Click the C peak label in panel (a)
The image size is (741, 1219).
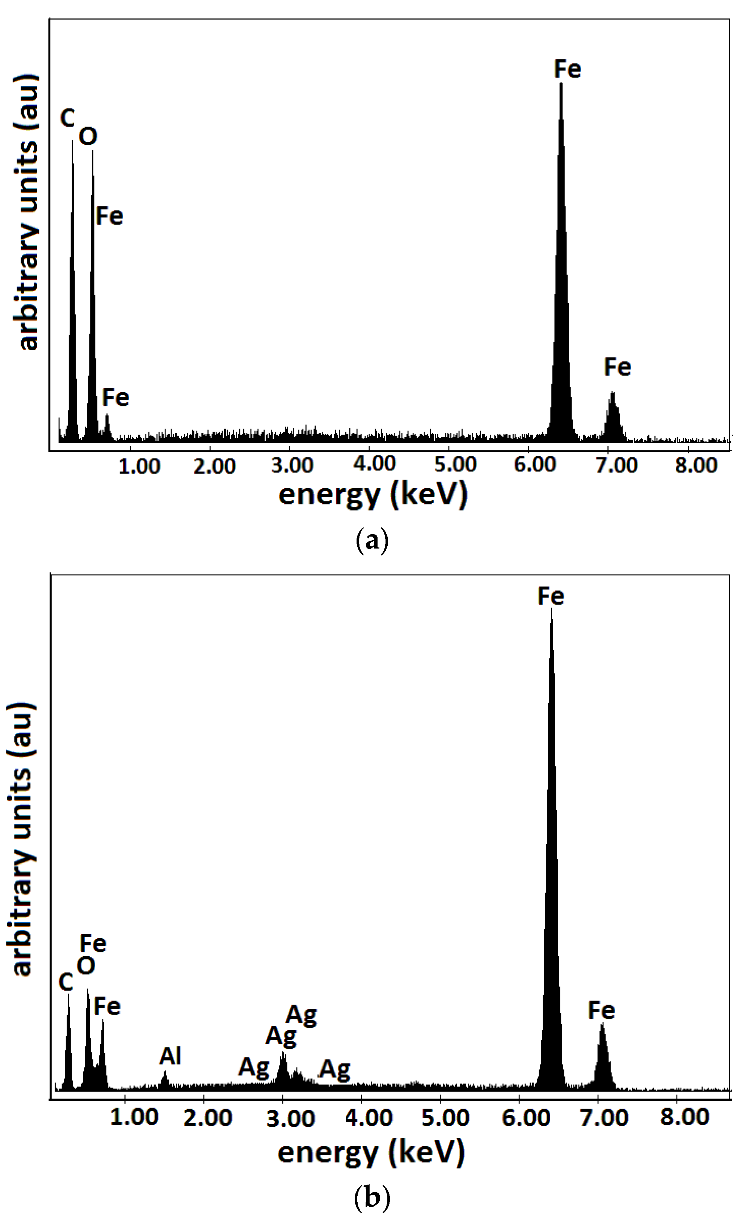pos(67,118)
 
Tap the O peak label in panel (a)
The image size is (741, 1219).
pos(88,136)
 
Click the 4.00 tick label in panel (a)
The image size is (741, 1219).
pos(375,464)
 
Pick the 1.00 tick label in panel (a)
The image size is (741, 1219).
pos(139,466)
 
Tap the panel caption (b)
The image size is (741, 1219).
pos(372,1197)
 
